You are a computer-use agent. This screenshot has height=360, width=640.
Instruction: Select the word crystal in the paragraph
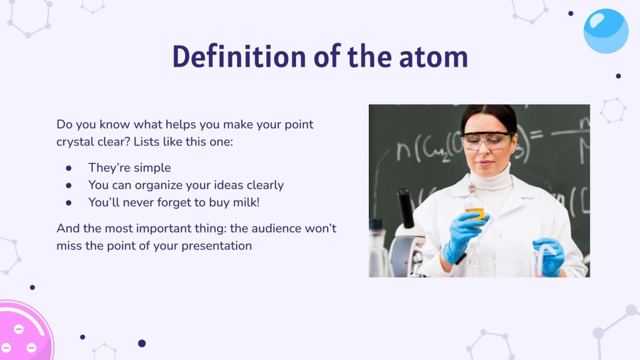(75, 142)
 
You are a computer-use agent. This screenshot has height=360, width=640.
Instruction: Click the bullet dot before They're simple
(69, 168)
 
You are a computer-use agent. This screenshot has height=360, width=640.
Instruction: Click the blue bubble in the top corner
(606, 31)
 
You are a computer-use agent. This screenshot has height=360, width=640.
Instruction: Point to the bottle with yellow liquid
(474, 204)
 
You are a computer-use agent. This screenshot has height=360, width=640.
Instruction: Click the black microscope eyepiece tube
(405, 208)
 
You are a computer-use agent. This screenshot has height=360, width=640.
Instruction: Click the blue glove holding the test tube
(549, 256)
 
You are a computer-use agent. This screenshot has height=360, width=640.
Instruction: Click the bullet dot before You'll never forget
(69, 202)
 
